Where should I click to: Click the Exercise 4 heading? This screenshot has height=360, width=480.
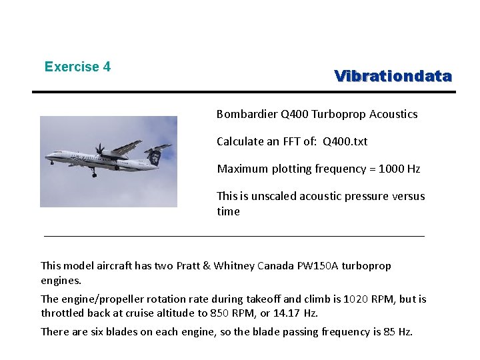pos(77,67)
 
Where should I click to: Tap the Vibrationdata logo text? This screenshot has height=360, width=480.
pos(393,76)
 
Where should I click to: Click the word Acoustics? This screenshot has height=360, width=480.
pos(394,114)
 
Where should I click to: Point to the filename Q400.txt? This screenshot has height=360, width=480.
pos(345,141)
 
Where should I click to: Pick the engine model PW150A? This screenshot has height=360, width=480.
pos(324,266)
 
